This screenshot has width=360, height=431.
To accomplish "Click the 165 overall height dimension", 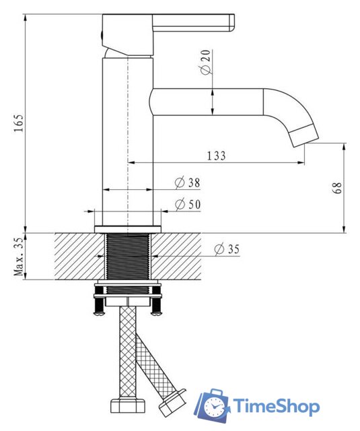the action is coord(20,123).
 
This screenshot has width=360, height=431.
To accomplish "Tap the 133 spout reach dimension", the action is coord(216,156).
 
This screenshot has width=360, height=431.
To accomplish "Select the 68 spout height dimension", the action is coord(338,188).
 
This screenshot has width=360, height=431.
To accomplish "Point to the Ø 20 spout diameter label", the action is coord(206,62).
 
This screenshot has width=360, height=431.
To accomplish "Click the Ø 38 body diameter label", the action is coord(188,183).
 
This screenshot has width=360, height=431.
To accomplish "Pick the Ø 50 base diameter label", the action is coord(188,205).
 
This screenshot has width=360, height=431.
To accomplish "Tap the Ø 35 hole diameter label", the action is coord(227,249).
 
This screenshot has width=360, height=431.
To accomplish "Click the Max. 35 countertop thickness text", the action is coord(20,256).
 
